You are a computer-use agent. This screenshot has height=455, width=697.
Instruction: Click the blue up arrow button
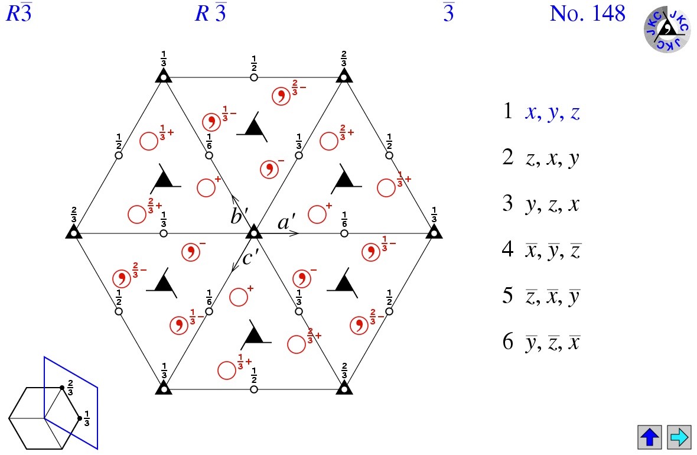[x=650, y=437]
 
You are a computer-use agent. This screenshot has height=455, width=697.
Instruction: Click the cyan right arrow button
[x=679, y=437]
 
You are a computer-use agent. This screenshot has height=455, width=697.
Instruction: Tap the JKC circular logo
[x=667, y=29]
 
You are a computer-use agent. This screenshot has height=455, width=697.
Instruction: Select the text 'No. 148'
[x=587, y=14]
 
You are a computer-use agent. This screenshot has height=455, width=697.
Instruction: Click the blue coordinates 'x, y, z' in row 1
[x=552, y=112]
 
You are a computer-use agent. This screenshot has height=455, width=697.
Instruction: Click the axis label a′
[x=286, y=222]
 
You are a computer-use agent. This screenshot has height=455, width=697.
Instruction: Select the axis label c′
[x=250, y=259]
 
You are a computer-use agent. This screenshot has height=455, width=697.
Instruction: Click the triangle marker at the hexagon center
[x=254, y=233]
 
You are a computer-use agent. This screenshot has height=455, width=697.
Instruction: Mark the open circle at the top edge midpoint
[x=254, y=77]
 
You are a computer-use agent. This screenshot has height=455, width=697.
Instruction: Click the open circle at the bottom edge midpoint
[x=254, y=389]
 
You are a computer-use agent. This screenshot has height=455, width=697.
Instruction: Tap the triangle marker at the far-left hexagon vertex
[x=73, y=233]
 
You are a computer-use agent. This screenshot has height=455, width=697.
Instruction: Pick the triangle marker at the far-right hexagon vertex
[x=434, y=233]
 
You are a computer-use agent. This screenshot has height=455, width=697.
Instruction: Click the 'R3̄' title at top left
[x=18, y=14]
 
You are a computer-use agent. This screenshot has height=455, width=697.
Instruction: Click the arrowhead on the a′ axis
[x=295, y=233]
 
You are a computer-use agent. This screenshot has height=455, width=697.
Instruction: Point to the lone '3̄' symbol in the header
[x=448, y=14]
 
